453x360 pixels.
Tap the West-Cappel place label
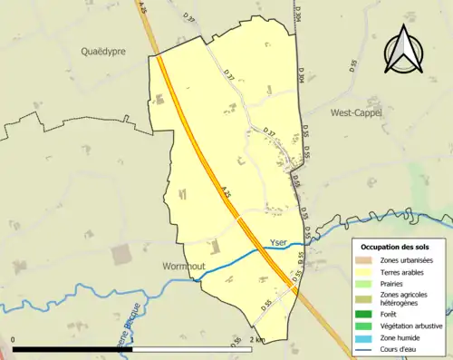[356, 113]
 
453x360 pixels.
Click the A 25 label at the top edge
[142, 8]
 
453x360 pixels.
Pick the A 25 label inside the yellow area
[226, 192]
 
